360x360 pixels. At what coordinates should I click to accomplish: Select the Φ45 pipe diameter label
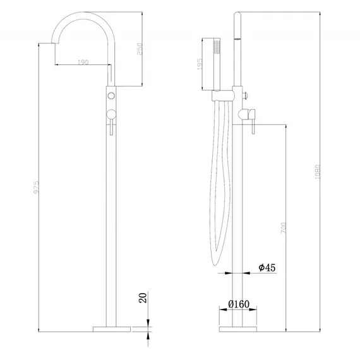tap(267, 268)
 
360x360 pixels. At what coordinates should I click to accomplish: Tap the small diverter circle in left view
tap(111, 95)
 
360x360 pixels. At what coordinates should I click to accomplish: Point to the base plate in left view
tap(111, 328)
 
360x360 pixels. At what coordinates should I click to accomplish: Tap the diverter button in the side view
tap(245, 95)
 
